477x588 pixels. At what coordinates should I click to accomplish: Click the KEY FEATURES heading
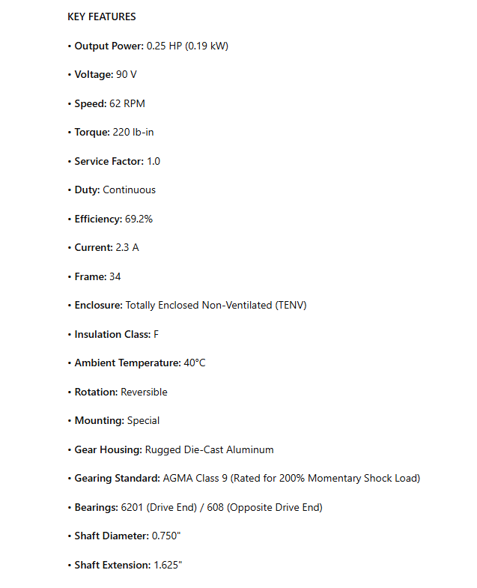pos(102,16)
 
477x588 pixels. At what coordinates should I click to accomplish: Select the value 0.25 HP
pos(164,46)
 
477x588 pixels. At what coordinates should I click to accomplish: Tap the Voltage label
pos(94,75)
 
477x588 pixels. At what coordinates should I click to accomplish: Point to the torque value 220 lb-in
pos(133,133)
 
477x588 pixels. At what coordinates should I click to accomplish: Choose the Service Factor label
pos(109,161)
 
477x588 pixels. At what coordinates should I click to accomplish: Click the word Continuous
pos(129,190)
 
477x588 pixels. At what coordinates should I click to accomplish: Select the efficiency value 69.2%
pos(139,219)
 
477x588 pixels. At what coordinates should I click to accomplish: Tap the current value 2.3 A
pos(127,248)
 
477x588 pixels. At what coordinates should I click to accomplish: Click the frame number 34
pos(115,276)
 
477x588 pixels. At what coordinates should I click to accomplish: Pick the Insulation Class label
pos(112,334)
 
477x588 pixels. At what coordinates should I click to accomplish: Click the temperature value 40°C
pos(195,363)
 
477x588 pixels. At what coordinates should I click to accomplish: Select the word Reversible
pos(144,392)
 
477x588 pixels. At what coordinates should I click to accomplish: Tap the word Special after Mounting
pos(143,421)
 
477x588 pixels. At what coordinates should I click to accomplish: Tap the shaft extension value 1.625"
pos(168,565)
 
